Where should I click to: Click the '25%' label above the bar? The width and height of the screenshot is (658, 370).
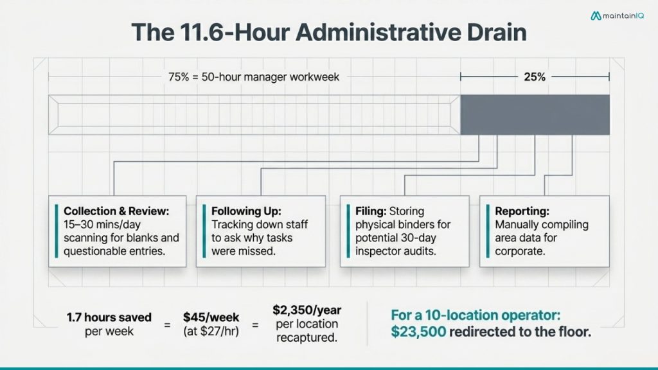(x=534, y=77)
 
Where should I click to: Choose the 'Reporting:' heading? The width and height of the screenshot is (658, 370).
(x=522, y=211)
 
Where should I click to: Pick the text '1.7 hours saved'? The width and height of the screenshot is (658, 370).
(x=109, y=317)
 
